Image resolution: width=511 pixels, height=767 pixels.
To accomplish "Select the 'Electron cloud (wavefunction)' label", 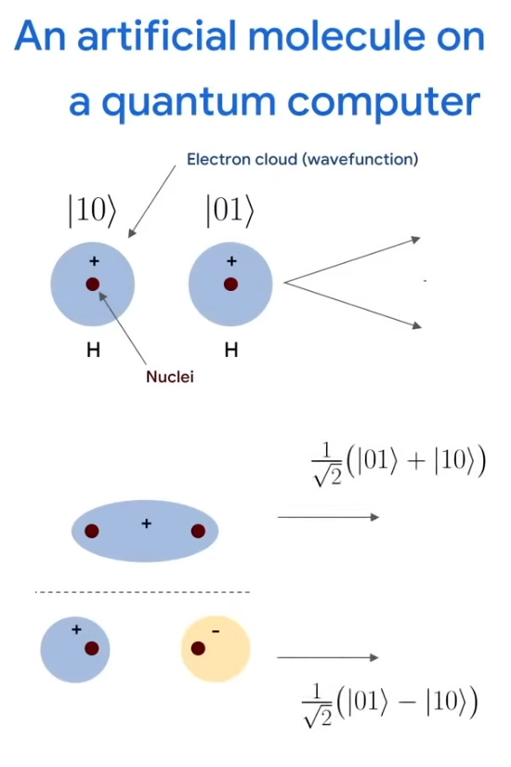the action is tap(302, 160).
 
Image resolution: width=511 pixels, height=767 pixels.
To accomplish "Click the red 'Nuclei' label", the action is tap(170, 377).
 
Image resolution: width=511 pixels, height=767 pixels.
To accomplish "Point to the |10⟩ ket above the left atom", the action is tap(92, 211).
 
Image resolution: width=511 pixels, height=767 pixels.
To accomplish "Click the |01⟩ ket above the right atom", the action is tap(230, 211).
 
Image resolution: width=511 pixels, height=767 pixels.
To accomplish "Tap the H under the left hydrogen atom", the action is tap(94, 350).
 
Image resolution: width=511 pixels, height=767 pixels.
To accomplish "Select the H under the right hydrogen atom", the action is tap(231, 350).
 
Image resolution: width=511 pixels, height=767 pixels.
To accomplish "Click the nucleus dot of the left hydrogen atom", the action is tap(93, 284).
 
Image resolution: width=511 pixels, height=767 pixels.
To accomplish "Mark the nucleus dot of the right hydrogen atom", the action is tap(230, 284).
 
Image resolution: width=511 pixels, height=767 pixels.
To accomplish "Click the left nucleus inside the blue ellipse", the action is tap(92, 531).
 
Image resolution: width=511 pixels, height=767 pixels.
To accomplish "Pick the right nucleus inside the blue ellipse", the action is tap(198, 531).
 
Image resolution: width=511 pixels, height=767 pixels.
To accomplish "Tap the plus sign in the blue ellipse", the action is tap(146, 524).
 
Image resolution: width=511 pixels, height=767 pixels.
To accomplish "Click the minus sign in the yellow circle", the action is tap(216, 631).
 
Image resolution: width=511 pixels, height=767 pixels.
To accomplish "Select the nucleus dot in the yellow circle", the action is tap(198, 649).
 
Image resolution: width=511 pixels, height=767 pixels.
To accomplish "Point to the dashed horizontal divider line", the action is tap(142, 592).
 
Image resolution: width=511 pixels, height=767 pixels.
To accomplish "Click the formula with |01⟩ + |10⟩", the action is tap(399, 464).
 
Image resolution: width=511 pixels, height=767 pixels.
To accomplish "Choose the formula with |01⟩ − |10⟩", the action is tap(391, 705).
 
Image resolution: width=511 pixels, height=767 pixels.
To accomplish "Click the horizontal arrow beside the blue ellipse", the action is tap(328, 517).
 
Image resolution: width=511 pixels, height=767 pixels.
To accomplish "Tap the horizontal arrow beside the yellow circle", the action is tap(328, 657).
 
